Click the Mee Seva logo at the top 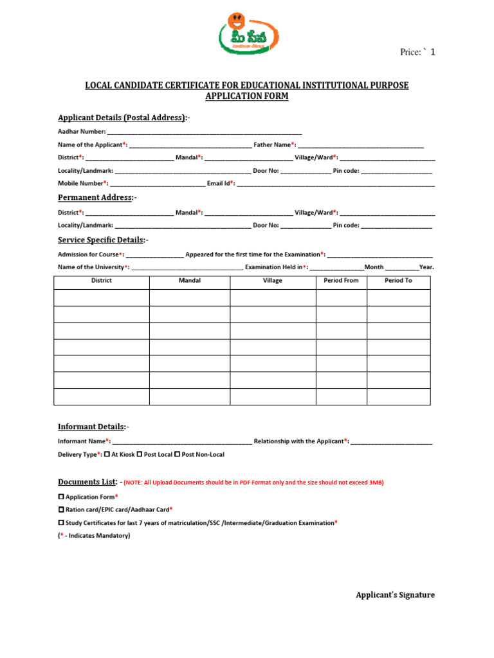(x=247, y=38)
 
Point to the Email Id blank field (x=336, y=184)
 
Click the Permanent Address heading (x=96, y=197)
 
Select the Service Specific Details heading (x=102, y=240)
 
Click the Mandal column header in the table (x=190, y=281)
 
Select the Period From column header (x=342, y=281)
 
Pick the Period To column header (x=398, y=281)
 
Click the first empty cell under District (x=102, y=298)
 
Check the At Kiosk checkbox (x=107, y=454)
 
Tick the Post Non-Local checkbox (x=176, y=454)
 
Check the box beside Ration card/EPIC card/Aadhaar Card (x=61, y=509)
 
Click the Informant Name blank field (x=182, y=442)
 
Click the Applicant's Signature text (x=395, y=595)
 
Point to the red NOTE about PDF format (x=253, y=483)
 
